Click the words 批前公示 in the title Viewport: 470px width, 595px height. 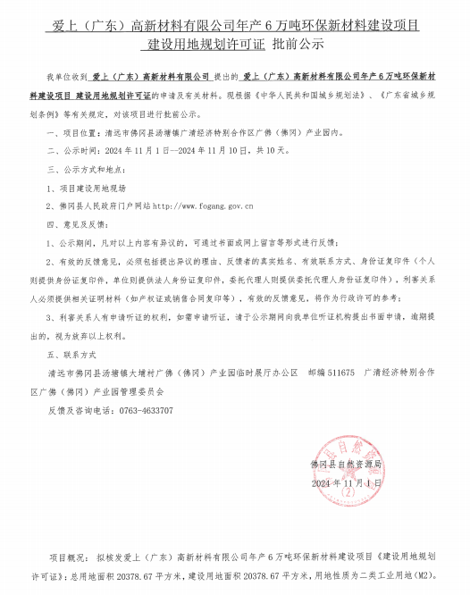(x=298, y=43)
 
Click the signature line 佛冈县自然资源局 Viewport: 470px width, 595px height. (x=346, y=465)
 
